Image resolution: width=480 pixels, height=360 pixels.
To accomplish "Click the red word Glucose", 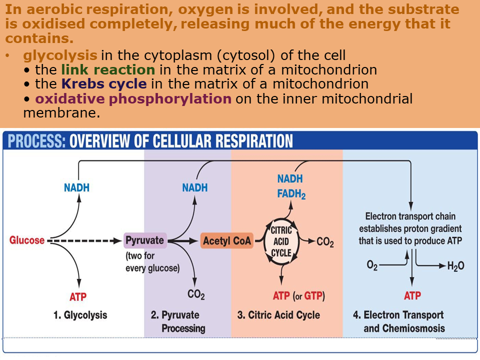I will pyautogui.click(x=27, y=240).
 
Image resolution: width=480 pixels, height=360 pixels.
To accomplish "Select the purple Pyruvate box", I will pyautogui.click(x=144, y=240).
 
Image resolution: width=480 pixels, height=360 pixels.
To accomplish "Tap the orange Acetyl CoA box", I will pyautogui.click(x=226, y=241).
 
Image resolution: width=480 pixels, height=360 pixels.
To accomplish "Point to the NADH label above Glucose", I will pyautogui.click(x=76, y=188).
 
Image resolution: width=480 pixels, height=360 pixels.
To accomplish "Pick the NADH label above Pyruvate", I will pyautogui.click(x=194, y=188).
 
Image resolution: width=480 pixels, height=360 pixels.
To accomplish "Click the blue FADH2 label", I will pyautogui.click(x=291, y=193).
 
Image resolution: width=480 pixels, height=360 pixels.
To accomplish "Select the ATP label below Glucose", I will pyautogui.click(x=78, y=296).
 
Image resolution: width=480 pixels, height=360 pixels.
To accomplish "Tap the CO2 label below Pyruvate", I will pyautogui.click(x=196, y=294).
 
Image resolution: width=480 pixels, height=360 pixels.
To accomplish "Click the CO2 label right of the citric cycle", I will pyautogui.click(x=325, y=242).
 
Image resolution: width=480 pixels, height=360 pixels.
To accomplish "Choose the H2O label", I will pyautogui.click(x=455, y=266).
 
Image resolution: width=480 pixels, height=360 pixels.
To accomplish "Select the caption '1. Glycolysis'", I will pyautogui.click(x=80, y=315).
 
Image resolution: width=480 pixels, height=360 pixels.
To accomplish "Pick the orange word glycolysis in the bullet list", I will pyautogui.click(x=60, y=55).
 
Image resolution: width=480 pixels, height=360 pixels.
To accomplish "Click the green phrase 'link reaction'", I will pyautogui.click(x=108, y=69).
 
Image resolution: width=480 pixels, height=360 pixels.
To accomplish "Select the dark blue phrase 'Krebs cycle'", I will pyautogui.click(x=104, y=84).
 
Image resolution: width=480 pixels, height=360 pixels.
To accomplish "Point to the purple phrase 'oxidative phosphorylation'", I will pyautogui.click(x=133, y=98).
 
